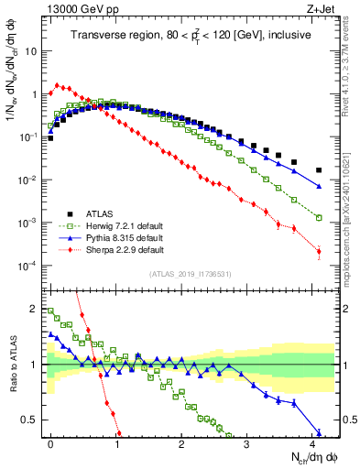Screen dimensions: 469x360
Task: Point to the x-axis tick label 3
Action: pos(246,443)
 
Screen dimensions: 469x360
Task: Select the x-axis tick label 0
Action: pos(50,443)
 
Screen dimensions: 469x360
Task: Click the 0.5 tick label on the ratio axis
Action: pos(32,420)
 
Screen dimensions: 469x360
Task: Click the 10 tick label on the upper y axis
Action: pos(32,51)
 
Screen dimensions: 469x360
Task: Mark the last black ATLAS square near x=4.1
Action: pos(319,170)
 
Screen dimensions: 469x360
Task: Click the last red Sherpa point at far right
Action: pos(319,252)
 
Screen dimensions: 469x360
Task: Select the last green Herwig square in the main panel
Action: pos(319,218)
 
